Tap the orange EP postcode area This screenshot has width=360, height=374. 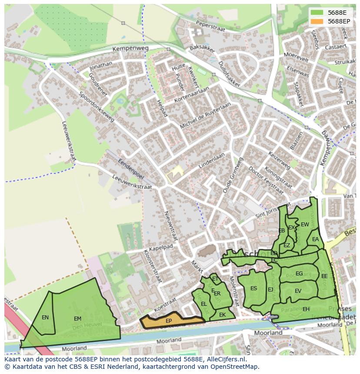point(169,321)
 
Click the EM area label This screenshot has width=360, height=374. point(77,319)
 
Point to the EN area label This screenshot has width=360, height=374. point(45,318)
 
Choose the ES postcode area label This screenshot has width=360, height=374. point(253,288)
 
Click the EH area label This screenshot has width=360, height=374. point(306,309)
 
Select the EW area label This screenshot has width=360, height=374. point(305,225)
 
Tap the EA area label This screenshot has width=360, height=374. point(315,239)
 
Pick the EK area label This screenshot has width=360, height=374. point(222,315)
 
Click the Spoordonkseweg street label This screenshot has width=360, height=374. point(96,106)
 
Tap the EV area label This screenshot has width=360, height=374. point(298,291)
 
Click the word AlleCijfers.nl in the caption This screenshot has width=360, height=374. point(226,359)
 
